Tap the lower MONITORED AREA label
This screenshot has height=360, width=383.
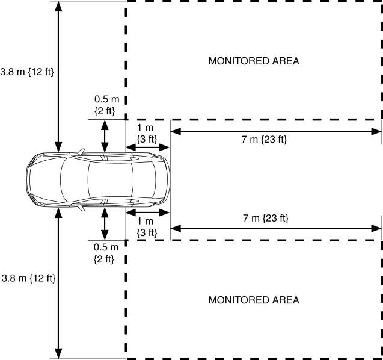point(253,299)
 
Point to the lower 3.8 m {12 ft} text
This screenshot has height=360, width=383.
point(28,278)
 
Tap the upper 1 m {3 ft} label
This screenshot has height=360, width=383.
point(147,134)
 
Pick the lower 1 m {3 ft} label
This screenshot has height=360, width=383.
point(147,226)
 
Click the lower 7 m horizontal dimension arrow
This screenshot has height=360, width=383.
point(277,228)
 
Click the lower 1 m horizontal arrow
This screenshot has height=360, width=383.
point(147,213)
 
